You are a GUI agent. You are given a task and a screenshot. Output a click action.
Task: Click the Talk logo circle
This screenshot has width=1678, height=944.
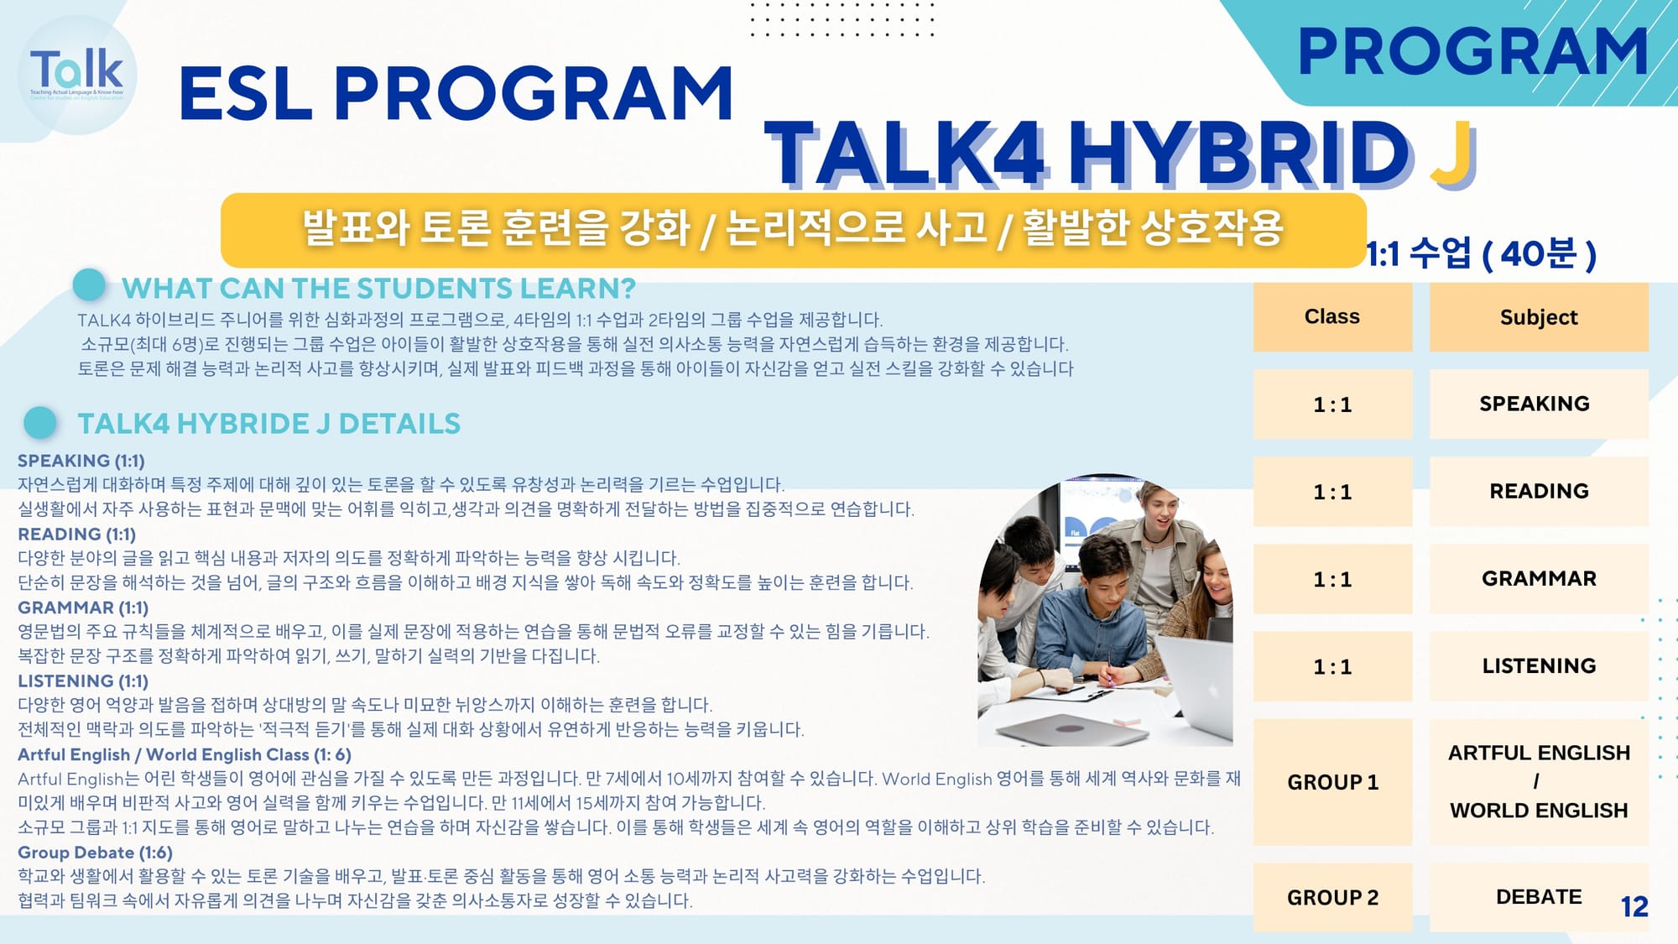pyautogui.click(x=77, y=75)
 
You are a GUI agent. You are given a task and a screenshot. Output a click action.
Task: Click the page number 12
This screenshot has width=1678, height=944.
pyautogui.click(x=1634, y=906)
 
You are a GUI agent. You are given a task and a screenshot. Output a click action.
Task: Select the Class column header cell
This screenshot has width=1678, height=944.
pyautogui.click(x=1332, y=316)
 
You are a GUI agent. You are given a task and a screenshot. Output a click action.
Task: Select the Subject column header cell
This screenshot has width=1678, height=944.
pyautogui.click(x=1539, y=316)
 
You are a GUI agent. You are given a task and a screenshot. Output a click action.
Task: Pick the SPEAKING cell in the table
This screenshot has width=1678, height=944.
pyautogui.click(x=1539, y=404)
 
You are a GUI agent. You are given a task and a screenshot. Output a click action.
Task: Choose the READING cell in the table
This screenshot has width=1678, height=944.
pyautogui.click(x=1539, y=491)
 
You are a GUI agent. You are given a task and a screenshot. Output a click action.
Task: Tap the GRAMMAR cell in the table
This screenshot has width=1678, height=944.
pyautogui.click(x=1539, y=578)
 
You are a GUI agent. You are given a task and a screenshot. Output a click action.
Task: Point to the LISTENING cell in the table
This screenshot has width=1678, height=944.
pyautogui.click(x=1539, y=665)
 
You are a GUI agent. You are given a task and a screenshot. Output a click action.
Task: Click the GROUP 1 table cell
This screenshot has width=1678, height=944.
pyautogui.click(x=1332, y=782)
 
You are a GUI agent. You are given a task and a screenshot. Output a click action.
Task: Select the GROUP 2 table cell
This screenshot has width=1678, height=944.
pyautogui.click(x=1332, y=897)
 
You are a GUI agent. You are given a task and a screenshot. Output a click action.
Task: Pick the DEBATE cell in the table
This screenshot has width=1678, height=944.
pyautogui.click(x=1539, y=897)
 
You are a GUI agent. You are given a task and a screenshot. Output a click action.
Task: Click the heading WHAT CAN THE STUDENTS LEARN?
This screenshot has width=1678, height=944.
pyautogui.click(x=378, y=288)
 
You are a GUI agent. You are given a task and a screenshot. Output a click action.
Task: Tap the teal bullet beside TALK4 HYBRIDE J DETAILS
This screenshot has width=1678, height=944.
pyautogui.click(x=40, y=423)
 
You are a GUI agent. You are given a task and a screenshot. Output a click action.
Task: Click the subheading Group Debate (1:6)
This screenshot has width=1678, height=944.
pyautogui.click(x=95, y=853)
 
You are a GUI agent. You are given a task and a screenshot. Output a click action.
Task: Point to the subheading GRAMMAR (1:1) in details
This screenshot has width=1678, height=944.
pyautogui.click(x=83, y=608)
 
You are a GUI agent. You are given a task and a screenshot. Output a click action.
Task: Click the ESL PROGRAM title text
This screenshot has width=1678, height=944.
pyautogui.click(x=456, y=92)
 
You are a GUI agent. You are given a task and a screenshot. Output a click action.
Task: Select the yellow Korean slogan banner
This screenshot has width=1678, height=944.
pyautogui.click(x=793, y=230)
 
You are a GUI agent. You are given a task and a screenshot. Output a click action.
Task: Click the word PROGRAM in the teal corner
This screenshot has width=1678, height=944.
pyautogui.click(x=1472, y=52)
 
